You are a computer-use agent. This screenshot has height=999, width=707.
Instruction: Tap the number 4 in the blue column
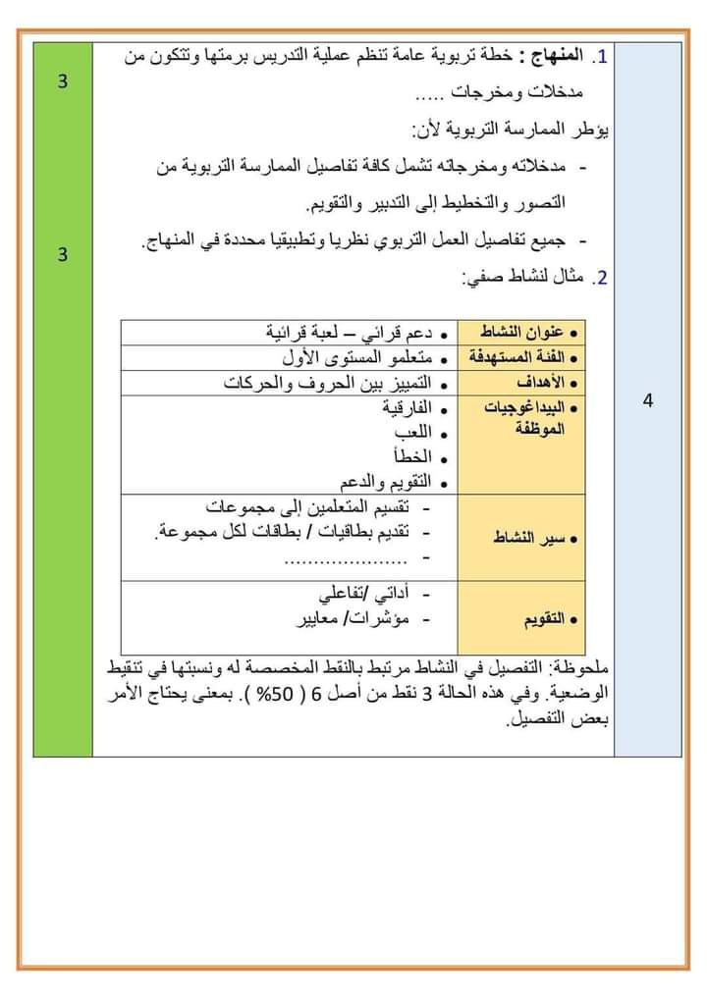coord(648,400)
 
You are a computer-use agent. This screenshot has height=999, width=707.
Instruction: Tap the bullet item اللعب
coord(409,433)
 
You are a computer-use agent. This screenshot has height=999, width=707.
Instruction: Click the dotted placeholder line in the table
coord(347,559)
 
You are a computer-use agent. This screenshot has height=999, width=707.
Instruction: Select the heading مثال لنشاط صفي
coord(524,279)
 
